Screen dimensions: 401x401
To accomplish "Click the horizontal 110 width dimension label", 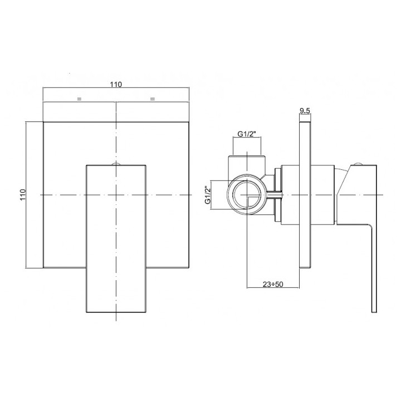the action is coord(116,84).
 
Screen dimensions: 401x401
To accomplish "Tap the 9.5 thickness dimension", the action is coord(305,110).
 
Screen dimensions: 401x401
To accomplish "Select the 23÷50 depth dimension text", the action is coord(273,284).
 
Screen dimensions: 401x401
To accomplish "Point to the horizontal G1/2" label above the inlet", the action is coord(247,134).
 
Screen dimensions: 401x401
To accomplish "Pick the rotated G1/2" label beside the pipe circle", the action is coord(208,195).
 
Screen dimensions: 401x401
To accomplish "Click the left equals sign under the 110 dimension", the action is coord(79,99).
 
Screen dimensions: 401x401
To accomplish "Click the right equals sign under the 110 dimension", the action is coord(153,99).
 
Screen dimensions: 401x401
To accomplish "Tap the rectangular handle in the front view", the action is coord(116,238).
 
